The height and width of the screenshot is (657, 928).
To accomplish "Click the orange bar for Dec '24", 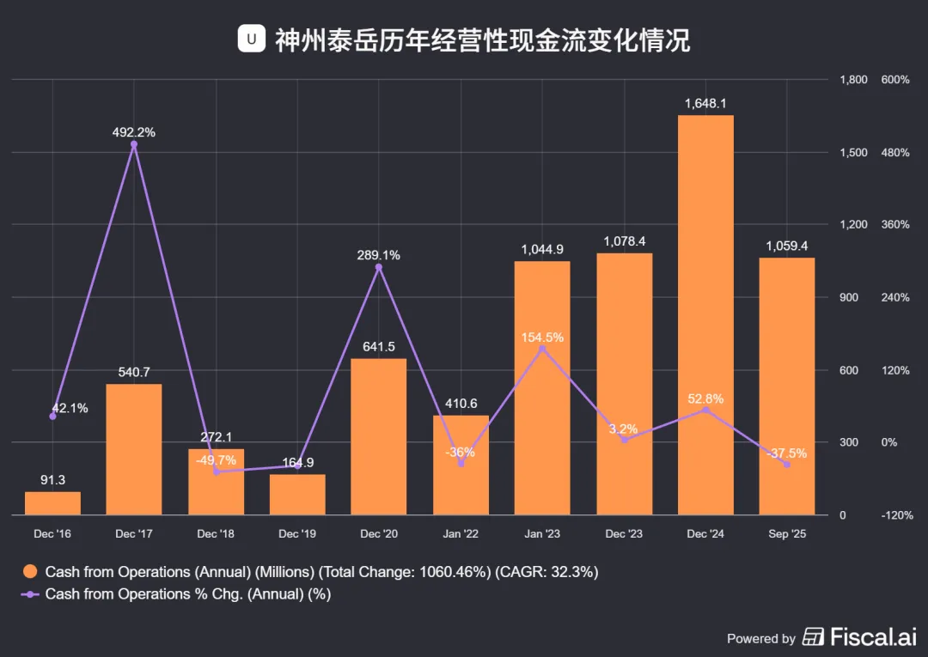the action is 705,314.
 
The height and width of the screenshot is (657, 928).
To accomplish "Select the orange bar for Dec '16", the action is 52,503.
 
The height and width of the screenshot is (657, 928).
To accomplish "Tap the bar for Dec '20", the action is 379,436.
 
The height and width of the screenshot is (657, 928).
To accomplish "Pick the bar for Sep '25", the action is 787,386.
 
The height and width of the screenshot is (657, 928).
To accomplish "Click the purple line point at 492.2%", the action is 134,144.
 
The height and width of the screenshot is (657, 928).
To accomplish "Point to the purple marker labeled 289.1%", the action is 379,267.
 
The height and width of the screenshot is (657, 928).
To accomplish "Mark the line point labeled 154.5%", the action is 542,349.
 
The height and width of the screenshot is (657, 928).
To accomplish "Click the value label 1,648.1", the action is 705,103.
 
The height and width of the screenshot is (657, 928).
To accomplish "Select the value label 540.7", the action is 134,372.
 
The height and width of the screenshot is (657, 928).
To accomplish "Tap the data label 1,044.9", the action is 542,250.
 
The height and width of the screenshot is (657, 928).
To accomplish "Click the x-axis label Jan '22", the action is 461,534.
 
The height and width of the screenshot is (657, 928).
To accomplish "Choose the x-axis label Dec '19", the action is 297,534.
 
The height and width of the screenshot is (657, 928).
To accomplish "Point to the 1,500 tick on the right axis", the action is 853,153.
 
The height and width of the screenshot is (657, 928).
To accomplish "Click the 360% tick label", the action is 894,225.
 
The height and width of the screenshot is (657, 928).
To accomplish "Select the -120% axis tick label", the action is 897,515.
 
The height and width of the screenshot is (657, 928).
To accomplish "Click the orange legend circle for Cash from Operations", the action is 29,572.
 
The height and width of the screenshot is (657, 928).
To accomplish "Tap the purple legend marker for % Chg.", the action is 29,594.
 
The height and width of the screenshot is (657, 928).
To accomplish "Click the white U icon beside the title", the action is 252,39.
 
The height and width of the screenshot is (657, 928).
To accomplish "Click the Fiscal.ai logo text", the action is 873,637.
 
